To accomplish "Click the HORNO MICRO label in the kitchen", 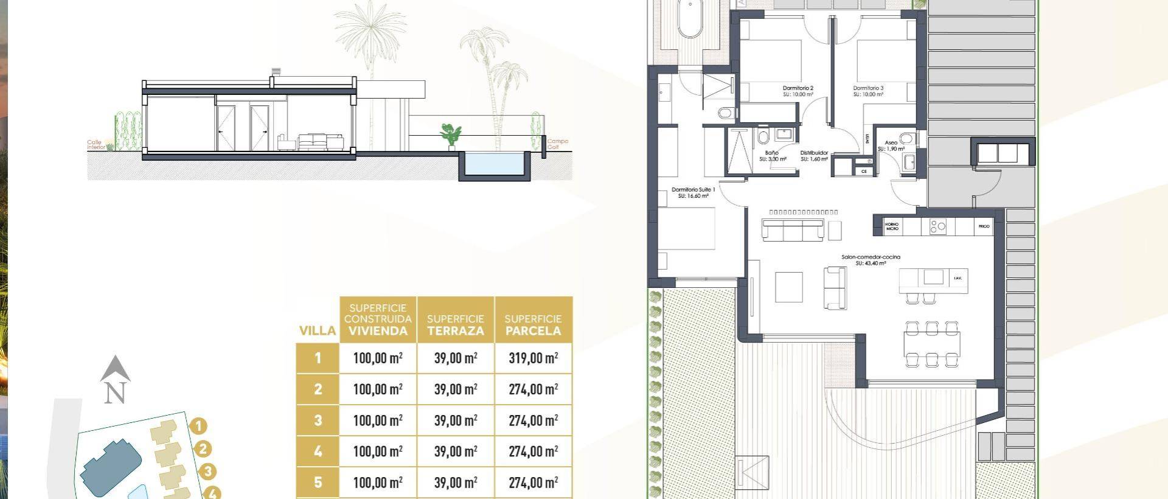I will pyautogui.click(x=892, y=226).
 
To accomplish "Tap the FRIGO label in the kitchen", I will pyautogui.click(x=984, y=226).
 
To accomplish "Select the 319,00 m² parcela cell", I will pyautogui.click(x=533, y=358).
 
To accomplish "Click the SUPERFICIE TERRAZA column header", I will pyautogui.click(x=456, y=325).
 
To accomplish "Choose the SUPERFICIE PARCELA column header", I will pyautogui.click(x=533, y=325).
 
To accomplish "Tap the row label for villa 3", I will pyautogui.click(x=318, y=420).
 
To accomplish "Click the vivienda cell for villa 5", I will pyautogui.click(x=378, y=483).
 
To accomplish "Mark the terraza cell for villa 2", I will pyautogui.click(x=456, y=389).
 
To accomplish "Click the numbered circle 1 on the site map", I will pyautogui.click(x=198, y=427).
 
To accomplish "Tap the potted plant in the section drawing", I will pyautogui.click(x=451, y=136).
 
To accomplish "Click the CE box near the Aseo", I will pyautogui.click(x=864, y=172).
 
